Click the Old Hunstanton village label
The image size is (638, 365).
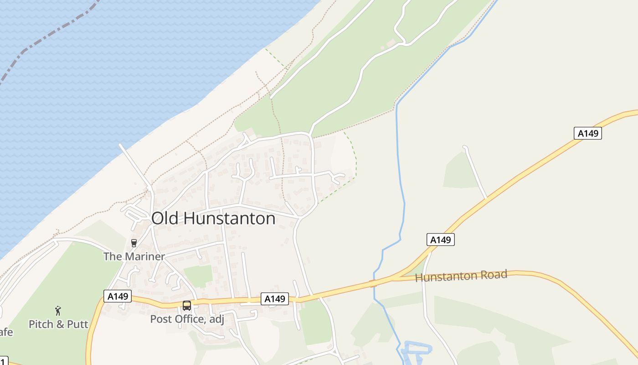pyautogui.click(x=213, y=219)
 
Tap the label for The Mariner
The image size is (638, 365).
pyautogui.click(x=134, y=256)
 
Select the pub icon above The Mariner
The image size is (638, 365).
pyautogui.click(x=134, y=243)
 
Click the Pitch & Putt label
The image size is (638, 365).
pyautogui.click(x=58, y=324)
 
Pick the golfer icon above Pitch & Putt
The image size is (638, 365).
pyautogui.click(x=58, y=311)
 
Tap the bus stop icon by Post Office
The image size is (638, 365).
pyautogui.click(x=187, y=306)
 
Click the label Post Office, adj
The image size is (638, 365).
pyautogui.click(x=187, y=319)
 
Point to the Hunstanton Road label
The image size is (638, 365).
pyautogui.click(x=461, y=276)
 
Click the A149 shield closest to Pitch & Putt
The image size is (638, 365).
pyautogui.click(x=118, y=296)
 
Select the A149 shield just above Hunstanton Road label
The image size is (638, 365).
pyautogui.click(x=441, y=240)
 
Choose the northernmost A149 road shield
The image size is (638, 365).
pyautogui.click(x=587, y=133)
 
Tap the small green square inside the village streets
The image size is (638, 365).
pyautogui.click(x=198, y=276)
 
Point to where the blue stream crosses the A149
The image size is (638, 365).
pyautogui.click(x=374, y=283)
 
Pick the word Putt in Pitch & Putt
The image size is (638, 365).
pyautogui.click(x=77, y=324)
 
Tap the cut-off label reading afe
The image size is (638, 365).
pyautogui.click(x=6, y=332)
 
